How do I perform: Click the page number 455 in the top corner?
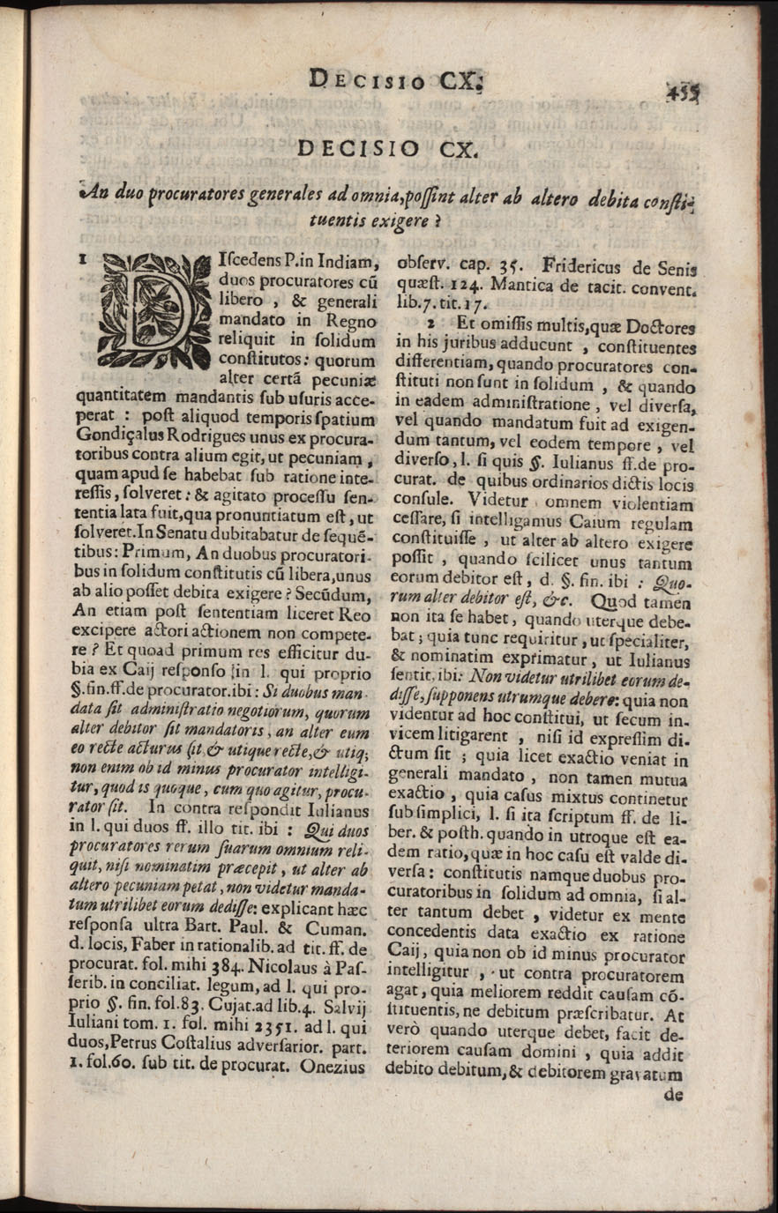pyautogui.click(x=681, y=91)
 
